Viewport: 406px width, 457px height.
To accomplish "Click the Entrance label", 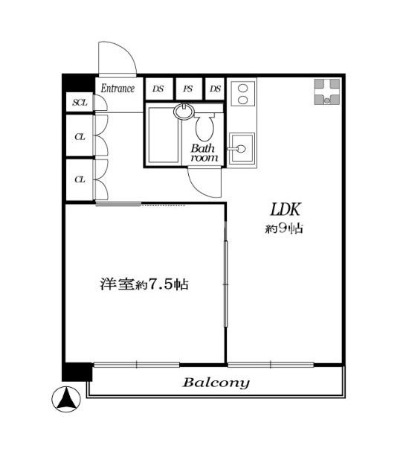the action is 117,89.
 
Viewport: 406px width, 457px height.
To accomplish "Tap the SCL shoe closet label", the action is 80,103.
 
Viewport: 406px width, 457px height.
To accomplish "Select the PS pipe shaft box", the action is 189,89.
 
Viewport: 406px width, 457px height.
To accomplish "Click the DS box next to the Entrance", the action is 159,89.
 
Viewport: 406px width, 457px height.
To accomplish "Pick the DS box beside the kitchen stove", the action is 215,89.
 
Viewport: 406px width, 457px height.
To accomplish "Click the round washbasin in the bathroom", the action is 184,112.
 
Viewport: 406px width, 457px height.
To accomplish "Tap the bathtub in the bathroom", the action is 163,135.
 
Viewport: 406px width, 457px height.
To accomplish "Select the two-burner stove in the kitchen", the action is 243,94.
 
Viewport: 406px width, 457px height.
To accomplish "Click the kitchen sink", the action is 242,148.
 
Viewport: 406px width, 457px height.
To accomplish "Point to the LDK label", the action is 285,210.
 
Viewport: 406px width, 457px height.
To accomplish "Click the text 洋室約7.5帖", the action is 144,284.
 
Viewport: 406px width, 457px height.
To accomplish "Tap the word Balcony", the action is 216,383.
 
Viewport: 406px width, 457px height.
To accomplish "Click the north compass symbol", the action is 66,399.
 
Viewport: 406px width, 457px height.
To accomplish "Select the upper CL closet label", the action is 80,137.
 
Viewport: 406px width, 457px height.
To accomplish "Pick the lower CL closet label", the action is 80,179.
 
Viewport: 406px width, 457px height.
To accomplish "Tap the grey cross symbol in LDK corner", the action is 327,92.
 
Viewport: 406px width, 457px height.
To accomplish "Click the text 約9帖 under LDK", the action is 284,228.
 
